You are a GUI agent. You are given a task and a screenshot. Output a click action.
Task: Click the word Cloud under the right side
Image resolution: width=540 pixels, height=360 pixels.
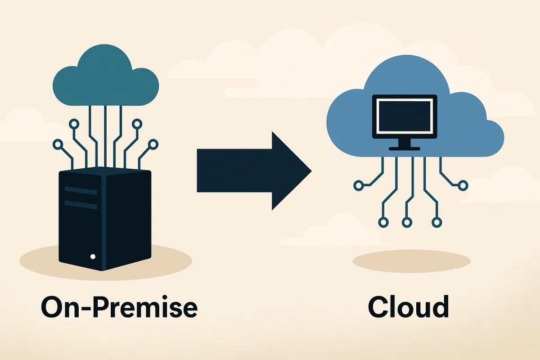coord(408,307)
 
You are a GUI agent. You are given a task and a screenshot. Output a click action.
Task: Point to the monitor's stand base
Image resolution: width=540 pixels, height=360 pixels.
coord(405,148)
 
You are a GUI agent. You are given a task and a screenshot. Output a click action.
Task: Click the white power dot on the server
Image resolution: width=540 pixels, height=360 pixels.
coord(93,256)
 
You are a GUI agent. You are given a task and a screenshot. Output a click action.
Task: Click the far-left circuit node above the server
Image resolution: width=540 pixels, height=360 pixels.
coord(58,144)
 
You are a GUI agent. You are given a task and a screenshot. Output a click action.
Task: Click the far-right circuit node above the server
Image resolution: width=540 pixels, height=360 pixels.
coord(153,144)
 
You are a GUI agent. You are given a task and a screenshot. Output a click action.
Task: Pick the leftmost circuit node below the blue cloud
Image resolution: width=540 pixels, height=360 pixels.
coord(359,184)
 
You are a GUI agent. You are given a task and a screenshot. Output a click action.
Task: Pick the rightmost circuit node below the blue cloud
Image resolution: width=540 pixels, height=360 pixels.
coord(463,184)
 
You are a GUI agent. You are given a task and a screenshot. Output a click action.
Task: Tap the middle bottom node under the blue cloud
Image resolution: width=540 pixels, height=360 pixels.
coord(407,222)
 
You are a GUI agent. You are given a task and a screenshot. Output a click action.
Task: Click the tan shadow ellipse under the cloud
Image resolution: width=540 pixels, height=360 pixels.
coord(411,261)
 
